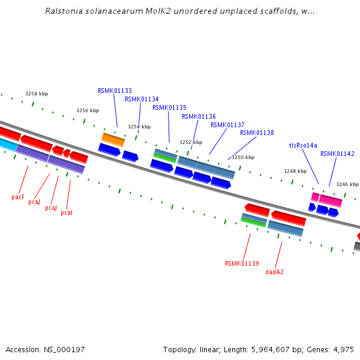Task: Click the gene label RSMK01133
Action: coord(115,91)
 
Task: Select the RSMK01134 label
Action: coord(142,99)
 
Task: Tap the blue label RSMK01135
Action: coord(169,107)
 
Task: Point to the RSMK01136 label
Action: coord(199,116)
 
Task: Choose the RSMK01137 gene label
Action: coord(227,125)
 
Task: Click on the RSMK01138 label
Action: coord(257,133)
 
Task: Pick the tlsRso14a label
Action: coord(303,145)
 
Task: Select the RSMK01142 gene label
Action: coord(337,154)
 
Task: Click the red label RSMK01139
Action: coord(242,263)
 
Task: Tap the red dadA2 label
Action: coord(274,272)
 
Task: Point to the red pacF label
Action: coord(18,197)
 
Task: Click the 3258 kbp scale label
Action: coord(37,94)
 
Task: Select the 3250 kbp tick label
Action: coord(243,157)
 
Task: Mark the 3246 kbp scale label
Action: coord(347,184)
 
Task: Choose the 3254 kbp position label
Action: coord(139,127)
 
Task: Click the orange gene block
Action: coord(113,140)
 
